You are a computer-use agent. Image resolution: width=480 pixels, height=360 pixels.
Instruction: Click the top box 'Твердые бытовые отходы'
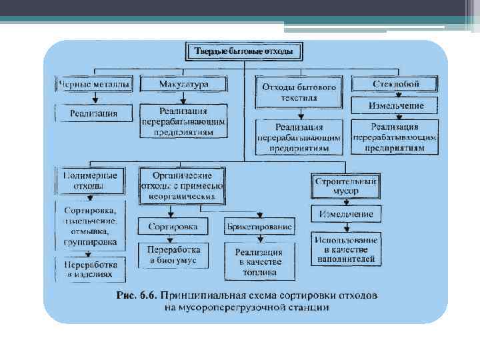(x=243, y=51)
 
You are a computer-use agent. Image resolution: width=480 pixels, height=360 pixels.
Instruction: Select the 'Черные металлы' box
(x=94, y=85)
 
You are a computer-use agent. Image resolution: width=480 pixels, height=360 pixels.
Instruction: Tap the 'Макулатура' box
(x=184, y=85)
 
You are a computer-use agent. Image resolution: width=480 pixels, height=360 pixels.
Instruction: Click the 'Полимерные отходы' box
(x=90, y=180)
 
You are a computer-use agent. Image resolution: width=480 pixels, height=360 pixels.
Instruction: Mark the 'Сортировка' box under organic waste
(x=172, y=227)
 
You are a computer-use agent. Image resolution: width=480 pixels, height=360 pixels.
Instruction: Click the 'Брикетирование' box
(x=259, y=227)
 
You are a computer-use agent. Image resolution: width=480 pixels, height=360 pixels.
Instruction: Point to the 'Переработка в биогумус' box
(x=172, y=254)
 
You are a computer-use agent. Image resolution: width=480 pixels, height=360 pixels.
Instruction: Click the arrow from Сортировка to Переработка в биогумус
(x=172, y=238)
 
